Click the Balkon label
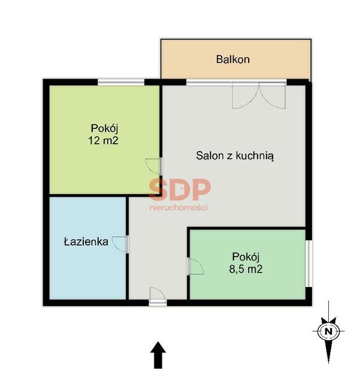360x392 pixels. click(x=232, y=59)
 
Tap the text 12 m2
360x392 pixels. click(x=103, y=140)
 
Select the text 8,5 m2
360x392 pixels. click(x=246, y=269)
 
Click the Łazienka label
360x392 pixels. click(x=86, y=242)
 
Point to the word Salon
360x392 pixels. click(x=210, y=155)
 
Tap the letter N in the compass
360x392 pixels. click(x=329, y=331)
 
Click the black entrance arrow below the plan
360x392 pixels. click(x=158, y=355)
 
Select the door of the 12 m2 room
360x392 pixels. click(x=153, y=166)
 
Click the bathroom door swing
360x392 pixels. click(x=120, y=244)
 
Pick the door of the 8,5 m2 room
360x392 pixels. click(x=195, y=267)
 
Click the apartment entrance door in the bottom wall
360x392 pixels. click(x=158, y=296)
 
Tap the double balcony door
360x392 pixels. click(x=259, y=95)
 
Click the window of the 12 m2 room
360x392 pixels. click(x=121, y=82)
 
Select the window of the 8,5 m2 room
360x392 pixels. click(x=309, y=264)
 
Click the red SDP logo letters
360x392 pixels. click(x=180, y=190)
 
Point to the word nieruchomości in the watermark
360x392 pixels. click(x=179, y=207)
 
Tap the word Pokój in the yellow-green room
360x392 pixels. click(x=104, y=128)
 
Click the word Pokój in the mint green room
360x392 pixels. click(x=246, y=257)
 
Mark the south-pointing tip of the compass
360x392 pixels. click(x=328, y=363)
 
